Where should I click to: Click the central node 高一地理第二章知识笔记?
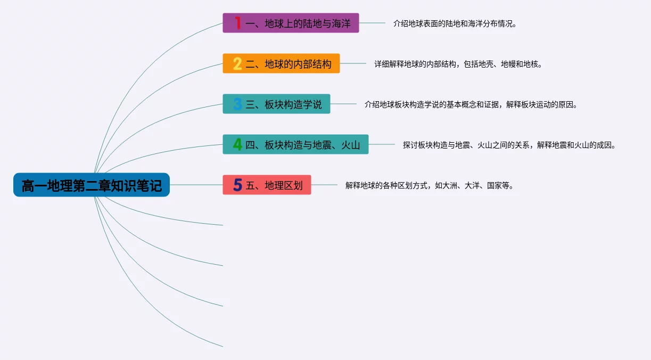tap(92, 185)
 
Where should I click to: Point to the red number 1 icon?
tap(238, 23)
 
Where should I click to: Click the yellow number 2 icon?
tap(237, 63)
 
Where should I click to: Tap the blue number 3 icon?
tap(237, 104)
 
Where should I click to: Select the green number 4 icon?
tap(237, 144)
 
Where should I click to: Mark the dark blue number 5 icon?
tap(237, 185)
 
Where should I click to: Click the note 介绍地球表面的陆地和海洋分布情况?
tap(455, 23)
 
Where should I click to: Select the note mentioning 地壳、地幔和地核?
tap(458, 64)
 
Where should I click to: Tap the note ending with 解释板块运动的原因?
tap(471, 104)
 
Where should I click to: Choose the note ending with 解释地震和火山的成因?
tap(509, 145)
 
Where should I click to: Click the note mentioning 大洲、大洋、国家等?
tap(430, 185)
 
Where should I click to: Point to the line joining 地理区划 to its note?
tap(324, 185)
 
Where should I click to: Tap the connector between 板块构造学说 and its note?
tap(343, 104)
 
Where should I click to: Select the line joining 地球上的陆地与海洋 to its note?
tap(372, 23)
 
